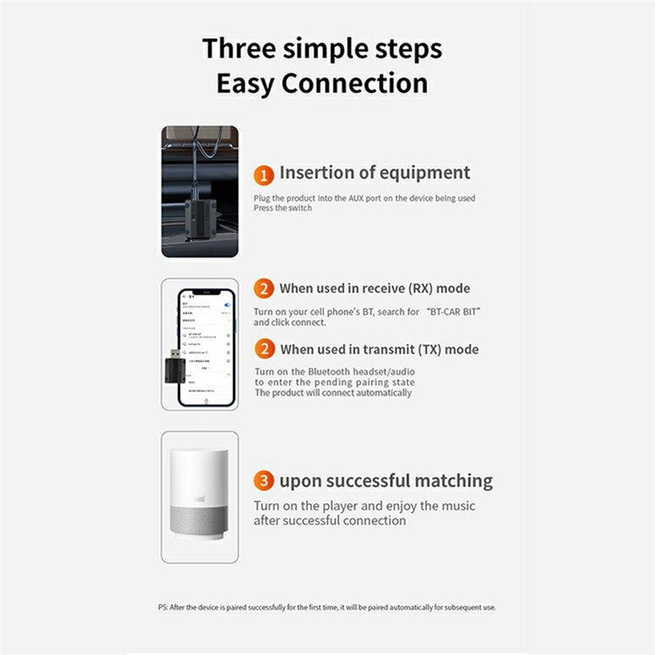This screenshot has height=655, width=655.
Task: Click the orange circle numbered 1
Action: pos(265,174)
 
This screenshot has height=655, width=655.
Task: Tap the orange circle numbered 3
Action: pos(265,481)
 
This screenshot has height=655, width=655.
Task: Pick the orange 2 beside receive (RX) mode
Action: pos(265,289)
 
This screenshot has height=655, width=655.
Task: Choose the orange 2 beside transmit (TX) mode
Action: pos(265,349)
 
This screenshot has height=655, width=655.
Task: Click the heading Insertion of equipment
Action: pos(375,173)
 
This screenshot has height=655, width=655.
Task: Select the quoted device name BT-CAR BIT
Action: pos(454,312)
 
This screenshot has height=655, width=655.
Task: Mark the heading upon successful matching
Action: pos(385,481)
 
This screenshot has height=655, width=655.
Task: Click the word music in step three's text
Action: pos(458,507)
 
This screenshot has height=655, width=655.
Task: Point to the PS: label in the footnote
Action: pos(151,607)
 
